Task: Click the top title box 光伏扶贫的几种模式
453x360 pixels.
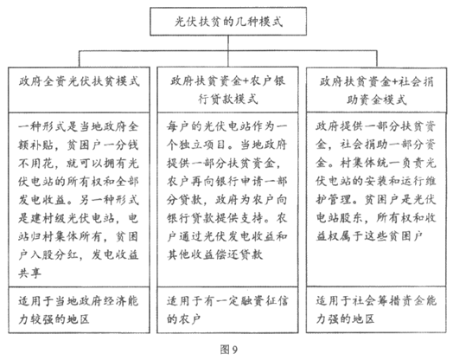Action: point(228,22)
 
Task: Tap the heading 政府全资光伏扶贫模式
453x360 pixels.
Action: point(80,81)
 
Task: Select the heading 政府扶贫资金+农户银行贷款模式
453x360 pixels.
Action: point(228,90)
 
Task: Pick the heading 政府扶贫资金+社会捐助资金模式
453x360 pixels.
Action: point(376,91)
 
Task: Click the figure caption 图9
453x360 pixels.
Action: point(228,350)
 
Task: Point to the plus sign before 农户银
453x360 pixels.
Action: point(245,81)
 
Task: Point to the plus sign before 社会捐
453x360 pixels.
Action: point(394,82)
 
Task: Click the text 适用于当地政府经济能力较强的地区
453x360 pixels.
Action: point(79,311)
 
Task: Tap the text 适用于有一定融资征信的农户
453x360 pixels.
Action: point(227,311)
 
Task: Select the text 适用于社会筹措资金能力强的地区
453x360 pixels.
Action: point(376,310)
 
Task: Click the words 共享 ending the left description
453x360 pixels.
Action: point(29,273)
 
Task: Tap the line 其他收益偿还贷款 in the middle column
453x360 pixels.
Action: point(214,254)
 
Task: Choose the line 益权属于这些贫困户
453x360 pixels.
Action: point(369,236)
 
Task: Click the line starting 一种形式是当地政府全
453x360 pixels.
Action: point(79,126)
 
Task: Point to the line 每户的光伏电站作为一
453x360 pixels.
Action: point(227,126)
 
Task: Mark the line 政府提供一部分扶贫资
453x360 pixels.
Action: point(376,126)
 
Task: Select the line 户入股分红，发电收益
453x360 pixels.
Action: point(79,255)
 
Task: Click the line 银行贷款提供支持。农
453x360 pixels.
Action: point(227,218)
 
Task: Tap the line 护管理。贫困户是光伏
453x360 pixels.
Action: point(376,200)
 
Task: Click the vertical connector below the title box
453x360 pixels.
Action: point(228,43)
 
